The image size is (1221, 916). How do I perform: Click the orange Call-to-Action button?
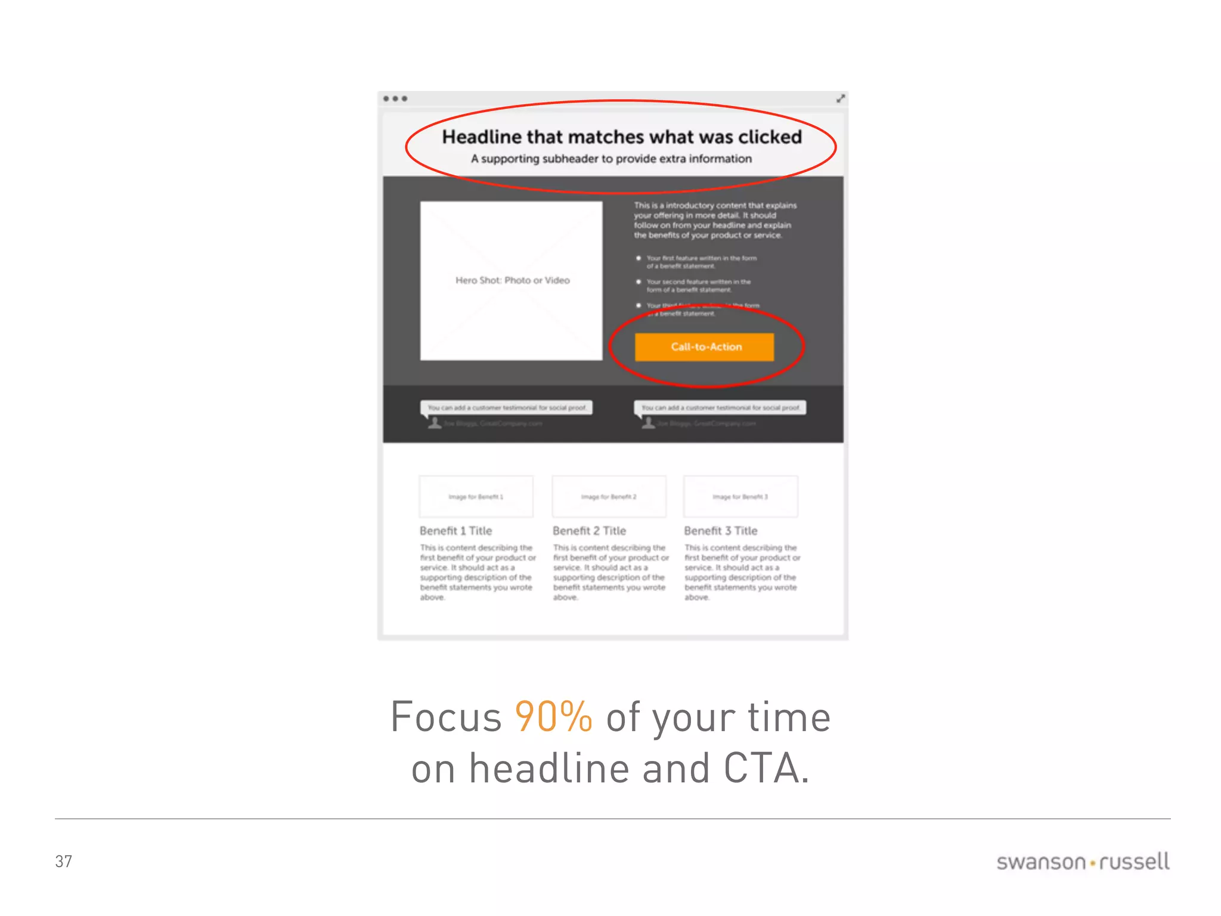click(x=704, y=347)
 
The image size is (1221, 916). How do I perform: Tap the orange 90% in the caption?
click(x=553, y=717)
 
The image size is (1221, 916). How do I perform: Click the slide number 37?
click(x=63, y=862)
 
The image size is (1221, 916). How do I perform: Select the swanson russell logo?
click(x=1083, y=862)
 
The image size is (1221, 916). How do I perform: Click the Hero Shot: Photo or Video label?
click(x=512, y=280)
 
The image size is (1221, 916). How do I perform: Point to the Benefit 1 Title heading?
click(x=455, y=531)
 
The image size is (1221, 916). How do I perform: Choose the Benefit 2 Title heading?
click(x=589, y=531)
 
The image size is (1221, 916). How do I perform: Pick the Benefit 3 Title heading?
click(x=720, y=531)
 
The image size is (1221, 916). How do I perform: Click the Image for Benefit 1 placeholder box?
click(x=476, y=496)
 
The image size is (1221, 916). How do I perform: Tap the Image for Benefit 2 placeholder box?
click(x=609, y=496)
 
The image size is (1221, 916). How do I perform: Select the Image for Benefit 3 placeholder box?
click(x=740, y=496)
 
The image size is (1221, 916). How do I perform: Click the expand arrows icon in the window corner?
click(x=841, y=98)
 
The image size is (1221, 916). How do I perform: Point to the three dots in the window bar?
click(x=395, y=98)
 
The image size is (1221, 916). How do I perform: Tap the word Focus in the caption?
click(x=446, y=717)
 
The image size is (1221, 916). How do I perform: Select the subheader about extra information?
click(x=611, y=159)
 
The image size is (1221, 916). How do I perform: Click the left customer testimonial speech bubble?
click(x=506, y=408)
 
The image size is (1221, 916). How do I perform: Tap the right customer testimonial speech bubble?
click(x=720, y=408)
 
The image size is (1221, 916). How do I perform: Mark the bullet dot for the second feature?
click(x=639, y=281)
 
